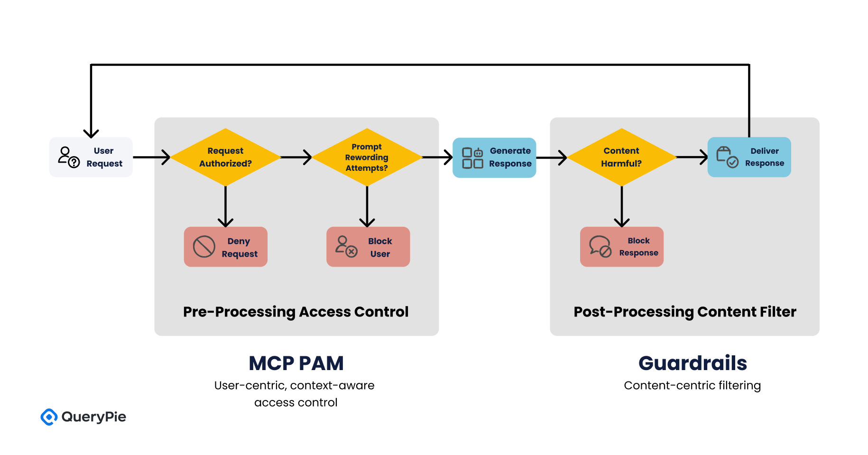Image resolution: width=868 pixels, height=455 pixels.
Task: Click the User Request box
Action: [91, 157]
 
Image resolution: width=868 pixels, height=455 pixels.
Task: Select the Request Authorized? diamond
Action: [225, 157]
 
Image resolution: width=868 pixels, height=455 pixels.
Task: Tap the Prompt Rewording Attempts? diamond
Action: [367, 157]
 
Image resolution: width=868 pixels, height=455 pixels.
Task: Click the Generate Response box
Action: [494, 158]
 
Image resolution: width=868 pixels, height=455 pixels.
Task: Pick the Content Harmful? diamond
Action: [621, 157]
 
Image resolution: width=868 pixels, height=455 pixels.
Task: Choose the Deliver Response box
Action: [749, 157]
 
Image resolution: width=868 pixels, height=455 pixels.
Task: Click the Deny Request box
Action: [226, 247]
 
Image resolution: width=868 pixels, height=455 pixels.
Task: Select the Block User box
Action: [368, 247]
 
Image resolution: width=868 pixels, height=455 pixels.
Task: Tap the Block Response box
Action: [621, 247]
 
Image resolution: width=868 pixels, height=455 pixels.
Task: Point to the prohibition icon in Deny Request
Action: [204, 247]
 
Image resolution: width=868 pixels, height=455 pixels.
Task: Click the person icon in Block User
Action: [346, 246]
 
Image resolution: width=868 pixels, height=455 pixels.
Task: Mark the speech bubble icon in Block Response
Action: [600, 246]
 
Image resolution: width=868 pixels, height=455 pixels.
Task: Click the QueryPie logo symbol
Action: [49, 417]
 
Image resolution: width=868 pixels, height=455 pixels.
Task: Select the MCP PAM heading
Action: [296, 363]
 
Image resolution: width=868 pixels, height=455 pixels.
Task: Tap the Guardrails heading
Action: [693, 363]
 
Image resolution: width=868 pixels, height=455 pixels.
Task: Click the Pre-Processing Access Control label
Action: [295, 312]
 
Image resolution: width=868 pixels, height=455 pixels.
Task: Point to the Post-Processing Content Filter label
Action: [684, 312]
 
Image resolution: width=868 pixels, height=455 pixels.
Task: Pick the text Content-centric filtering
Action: [692, 385]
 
